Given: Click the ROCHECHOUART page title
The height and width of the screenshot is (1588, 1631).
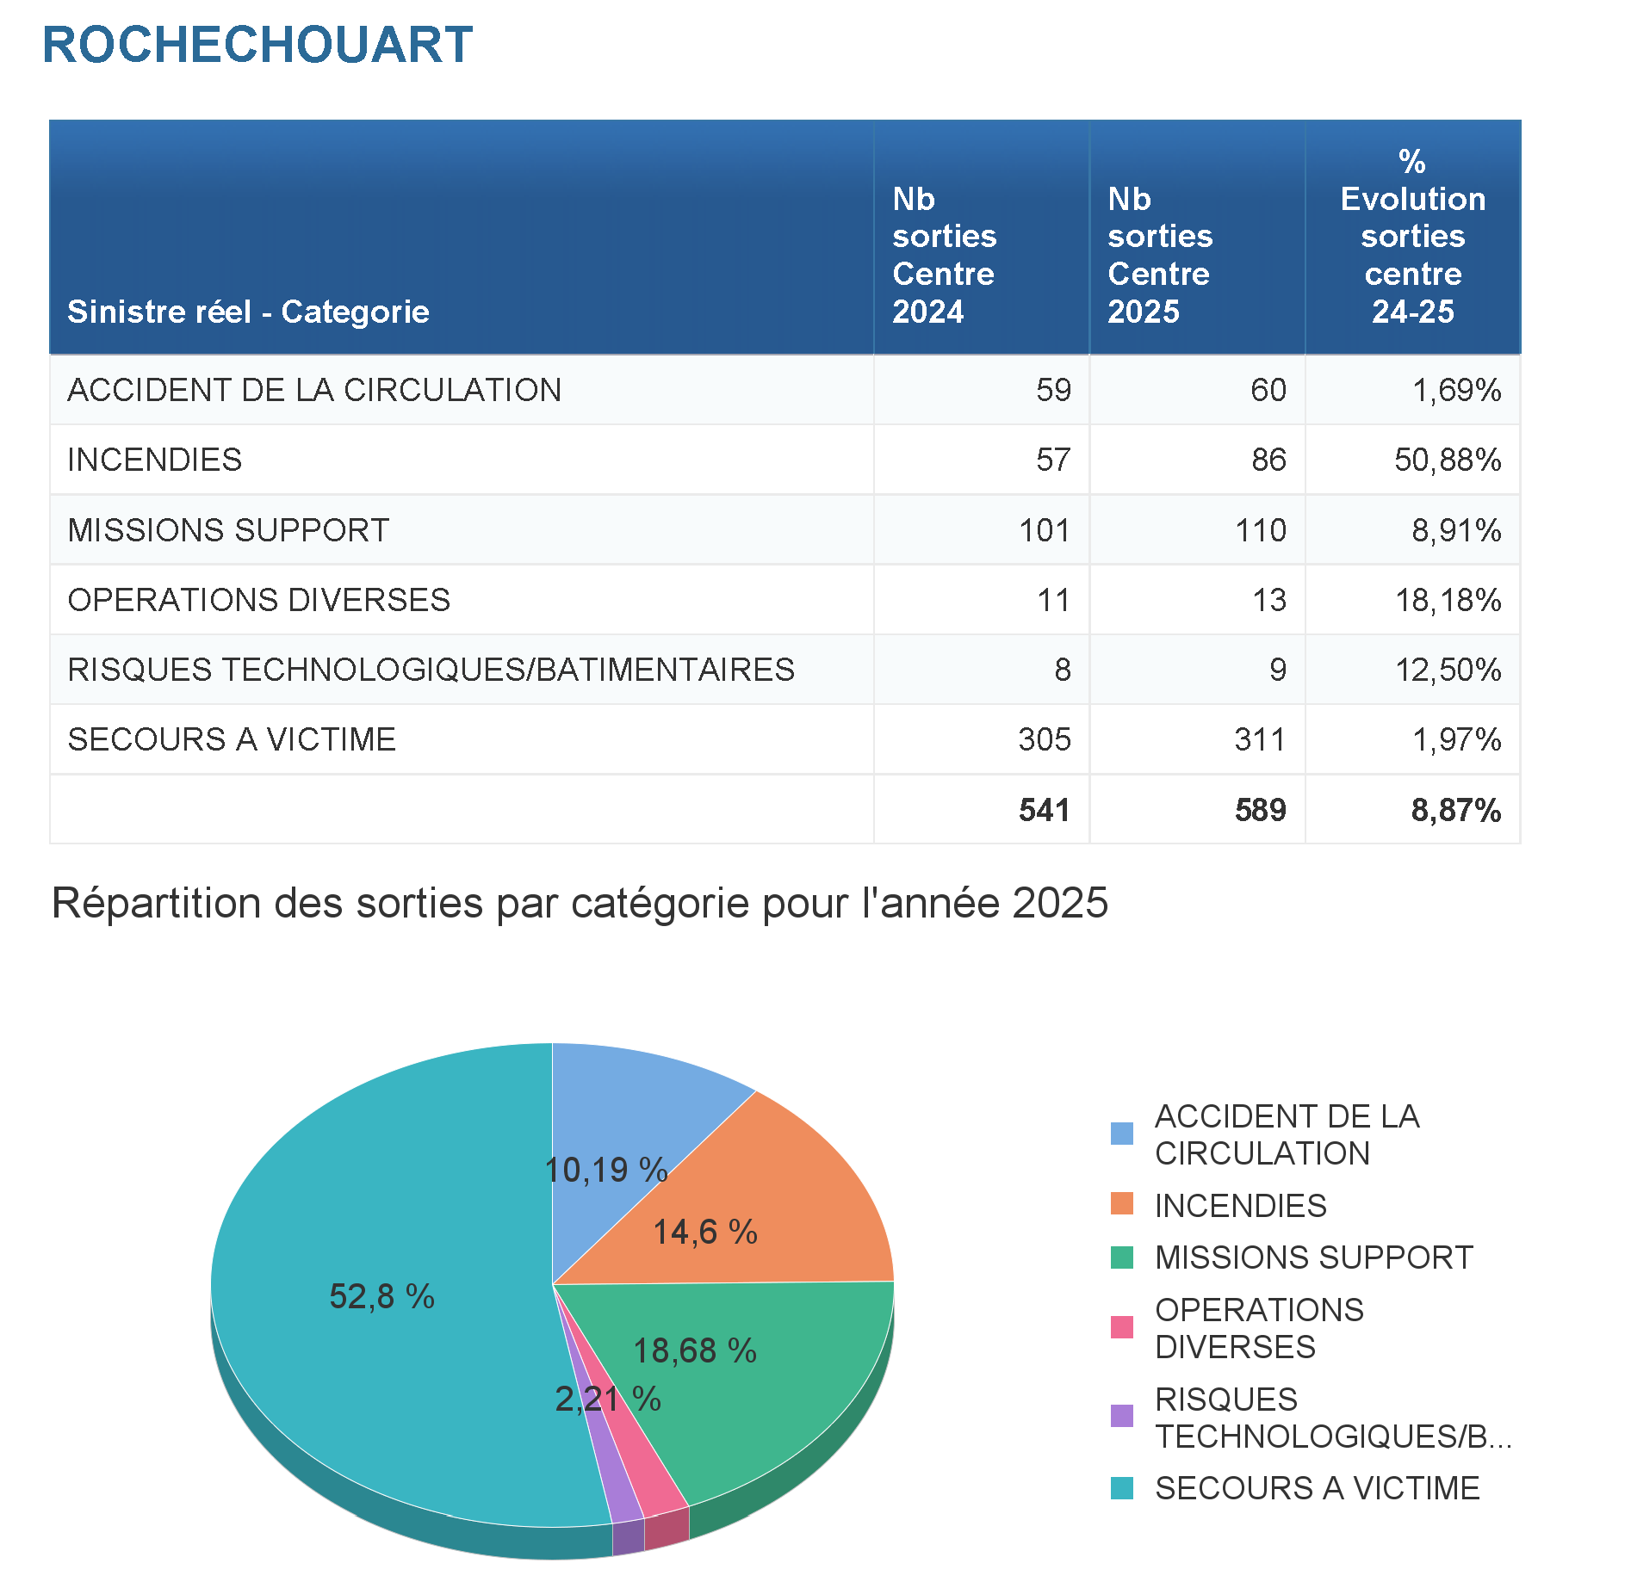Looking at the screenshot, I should coord(257,45).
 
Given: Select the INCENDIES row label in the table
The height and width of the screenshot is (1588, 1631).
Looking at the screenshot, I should coord(155,460).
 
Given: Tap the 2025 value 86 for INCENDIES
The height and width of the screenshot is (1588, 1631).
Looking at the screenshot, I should coord(1268,460).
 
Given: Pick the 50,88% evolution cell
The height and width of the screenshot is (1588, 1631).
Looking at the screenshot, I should coord(1448,460).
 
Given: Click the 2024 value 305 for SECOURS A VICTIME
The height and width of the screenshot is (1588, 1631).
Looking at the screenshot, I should coord(1044,739).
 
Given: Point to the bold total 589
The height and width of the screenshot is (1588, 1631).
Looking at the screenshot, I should coord(1260,810).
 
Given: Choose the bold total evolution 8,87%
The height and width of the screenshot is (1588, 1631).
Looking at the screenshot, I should coord(1455,810).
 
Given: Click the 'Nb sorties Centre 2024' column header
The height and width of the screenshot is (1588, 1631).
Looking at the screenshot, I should coord(944,255).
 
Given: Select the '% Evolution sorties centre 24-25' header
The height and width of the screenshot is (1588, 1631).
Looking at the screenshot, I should coord(1412,237).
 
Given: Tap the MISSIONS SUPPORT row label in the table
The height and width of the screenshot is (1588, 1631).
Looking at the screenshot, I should coord(228,530).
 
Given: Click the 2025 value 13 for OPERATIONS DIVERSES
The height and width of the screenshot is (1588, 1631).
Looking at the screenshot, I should coord(1268,600).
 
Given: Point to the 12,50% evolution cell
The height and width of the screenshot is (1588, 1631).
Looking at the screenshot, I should coord(1448,670).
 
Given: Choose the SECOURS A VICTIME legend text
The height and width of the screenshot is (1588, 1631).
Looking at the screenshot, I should coord(1317,1488).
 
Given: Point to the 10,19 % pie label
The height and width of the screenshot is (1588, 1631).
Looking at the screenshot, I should coord(606,1170).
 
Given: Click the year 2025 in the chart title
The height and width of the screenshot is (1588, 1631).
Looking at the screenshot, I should coord(1060,903).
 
